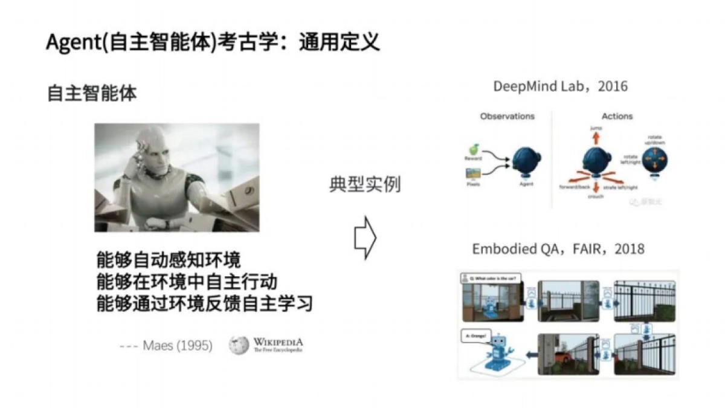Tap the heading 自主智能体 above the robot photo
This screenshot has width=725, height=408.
click(x=92, y=94)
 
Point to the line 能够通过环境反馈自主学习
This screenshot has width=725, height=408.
click(x=204, y=303)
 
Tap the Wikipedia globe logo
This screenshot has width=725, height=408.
click(x=239, y=345)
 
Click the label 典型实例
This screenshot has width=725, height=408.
click(x=365, y=184)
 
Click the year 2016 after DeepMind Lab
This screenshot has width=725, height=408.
click(x=613, y=86)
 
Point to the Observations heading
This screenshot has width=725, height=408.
click(x=507, y=116)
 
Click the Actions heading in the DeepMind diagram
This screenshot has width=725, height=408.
click(x=617, y=116)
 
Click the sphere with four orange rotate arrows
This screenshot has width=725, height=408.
click(x=656, y=162)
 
